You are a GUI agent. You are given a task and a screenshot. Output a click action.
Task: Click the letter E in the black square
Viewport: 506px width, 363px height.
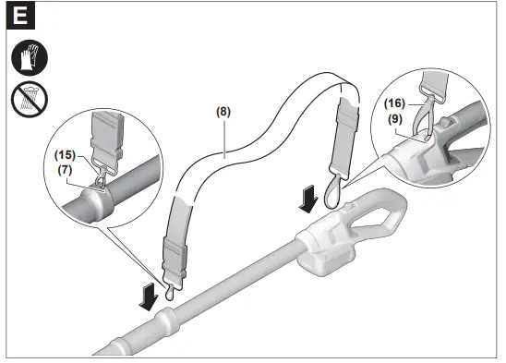click(19, 17)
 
